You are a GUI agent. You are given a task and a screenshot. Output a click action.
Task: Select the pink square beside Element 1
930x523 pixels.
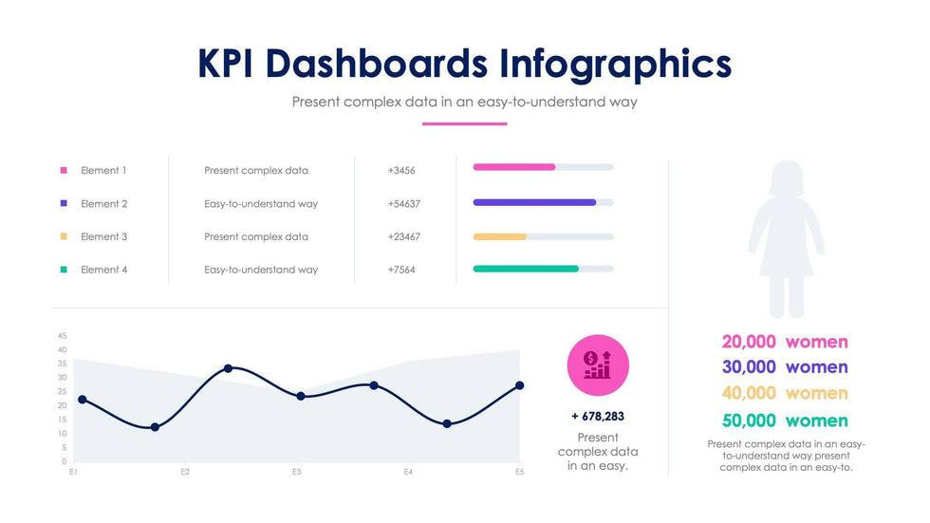point(64,171)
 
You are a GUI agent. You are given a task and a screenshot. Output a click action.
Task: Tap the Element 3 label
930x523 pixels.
point(103,237)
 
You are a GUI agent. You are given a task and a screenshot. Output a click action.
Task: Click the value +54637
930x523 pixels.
point(404,204)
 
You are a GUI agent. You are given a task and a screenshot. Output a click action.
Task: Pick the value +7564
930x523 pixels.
point(401,271)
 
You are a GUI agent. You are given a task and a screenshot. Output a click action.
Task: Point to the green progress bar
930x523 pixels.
point(526,269)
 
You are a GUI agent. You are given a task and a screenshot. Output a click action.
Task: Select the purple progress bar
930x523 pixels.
point(534,202)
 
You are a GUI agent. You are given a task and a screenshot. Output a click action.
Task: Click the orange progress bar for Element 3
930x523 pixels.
point(499,236)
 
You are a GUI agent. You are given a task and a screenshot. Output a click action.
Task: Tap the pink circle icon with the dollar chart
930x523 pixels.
point(598,365)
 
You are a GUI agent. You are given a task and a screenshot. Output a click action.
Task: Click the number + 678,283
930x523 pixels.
point(598,416)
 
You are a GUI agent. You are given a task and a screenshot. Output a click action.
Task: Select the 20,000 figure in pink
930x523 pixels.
point(749,342)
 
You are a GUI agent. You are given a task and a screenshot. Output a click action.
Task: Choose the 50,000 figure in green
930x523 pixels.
point(749,420)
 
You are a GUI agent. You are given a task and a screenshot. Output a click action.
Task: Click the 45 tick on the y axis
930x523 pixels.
point(62,336)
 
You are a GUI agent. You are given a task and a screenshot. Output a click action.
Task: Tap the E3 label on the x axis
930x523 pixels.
point(296,472)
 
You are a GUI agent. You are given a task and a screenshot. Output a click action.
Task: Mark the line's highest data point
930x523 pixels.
point(228,368)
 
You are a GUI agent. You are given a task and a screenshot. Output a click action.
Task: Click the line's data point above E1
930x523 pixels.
point(83,400)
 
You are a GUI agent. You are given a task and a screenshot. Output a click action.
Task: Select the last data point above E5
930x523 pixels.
point(519,385)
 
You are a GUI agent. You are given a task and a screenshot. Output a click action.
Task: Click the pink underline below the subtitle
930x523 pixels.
point(465,123)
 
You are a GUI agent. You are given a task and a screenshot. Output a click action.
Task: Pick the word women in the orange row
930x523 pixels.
point(817,393)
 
